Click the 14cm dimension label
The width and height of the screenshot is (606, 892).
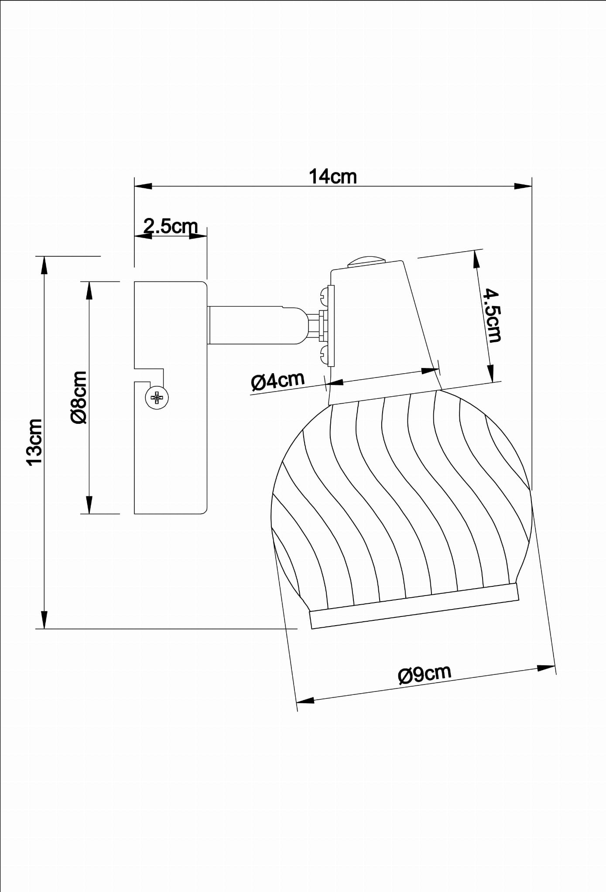333,177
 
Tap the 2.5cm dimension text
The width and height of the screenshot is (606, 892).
171,226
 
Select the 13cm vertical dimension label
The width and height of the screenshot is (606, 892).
35,442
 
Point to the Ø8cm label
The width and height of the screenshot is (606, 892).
79,397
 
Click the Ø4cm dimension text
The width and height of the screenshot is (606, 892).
277,381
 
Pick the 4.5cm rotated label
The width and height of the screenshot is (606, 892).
492,316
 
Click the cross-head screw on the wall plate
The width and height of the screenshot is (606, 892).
157,397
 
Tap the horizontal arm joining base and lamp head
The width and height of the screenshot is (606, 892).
257,325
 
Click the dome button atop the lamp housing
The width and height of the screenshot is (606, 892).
366,260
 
